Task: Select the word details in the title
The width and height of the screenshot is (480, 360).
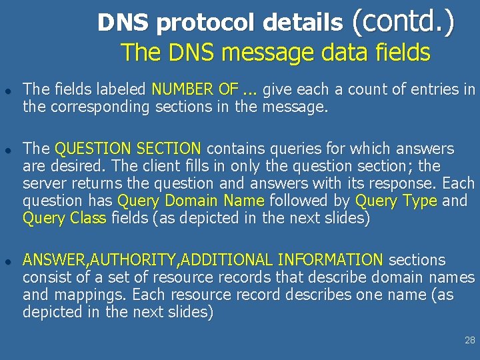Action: (x=302, y=23)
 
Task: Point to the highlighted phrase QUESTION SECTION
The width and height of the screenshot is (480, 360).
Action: (x=128, y=149)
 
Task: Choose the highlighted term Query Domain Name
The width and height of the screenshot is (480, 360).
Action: (x=191, y=201)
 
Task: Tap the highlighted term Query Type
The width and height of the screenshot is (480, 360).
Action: (x=396, y=201)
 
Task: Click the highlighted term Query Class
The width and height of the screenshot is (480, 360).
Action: (x=65, y=218)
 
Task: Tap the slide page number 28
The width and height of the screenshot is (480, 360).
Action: (x=469, y=341)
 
